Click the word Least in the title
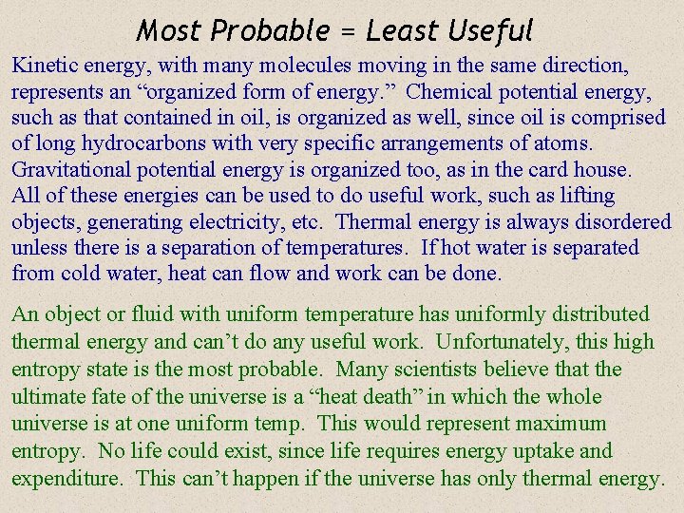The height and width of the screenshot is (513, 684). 400,30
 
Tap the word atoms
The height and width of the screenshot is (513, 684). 564,144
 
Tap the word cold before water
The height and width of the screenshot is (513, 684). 84,274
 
